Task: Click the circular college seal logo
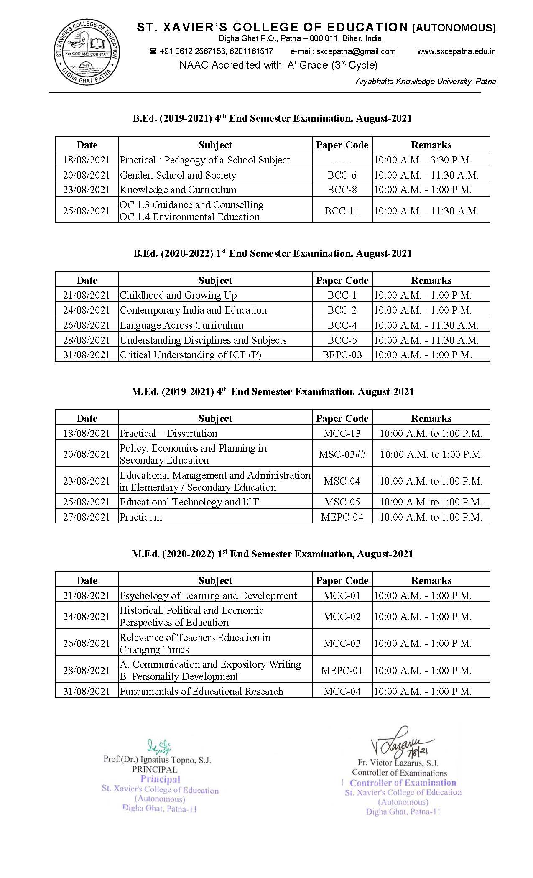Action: point(87,53)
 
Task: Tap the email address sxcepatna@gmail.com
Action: point(356,51)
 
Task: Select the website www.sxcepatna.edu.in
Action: point(456,51)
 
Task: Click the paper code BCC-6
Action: point(342,175)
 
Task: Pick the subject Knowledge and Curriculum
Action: point(178,190)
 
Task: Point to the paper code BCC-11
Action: point(342,211)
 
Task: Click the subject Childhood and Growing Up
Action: point(178,295)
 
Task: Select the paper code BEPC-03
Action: point(342,355)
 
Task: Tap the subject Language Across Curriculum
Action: point(181,325)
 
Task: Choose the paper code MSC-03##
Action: point(342,454)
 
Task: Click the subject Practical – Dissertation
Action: point(168,434)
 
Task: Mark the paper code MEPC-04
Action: point(342,517)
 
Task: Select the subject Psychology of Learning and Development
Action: point(208,596)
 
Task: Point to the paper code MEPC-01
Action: point(342,671)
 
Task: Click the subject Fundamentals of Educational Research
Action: point(201,692)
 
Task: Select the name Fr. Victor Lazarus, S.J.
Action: point(398,763)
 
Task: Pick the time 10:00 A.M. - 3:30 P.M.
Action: point(423,160)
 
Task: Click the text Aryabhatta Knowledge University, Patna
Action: point(426,82)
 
